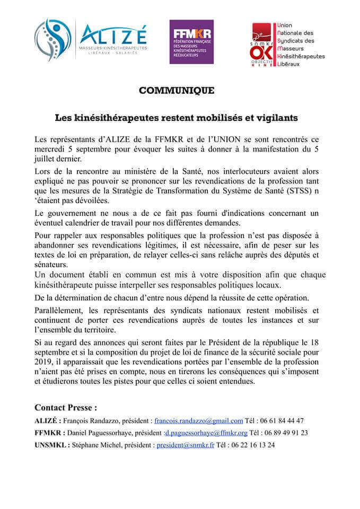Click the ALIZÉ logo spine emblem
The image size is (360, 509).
[x=52, y=40]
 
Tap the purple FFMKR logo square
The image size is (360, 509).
[x=191, y=42]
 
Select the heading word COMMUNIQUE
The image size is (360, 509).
[x=177, y=91]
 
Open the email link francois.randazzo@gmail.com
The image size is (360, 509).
[x=198, y=420]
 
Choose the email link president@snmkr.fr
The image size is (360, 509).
[x=185, y=445]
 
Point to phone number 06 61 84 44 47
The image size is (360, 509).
[x=284, y=420]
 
